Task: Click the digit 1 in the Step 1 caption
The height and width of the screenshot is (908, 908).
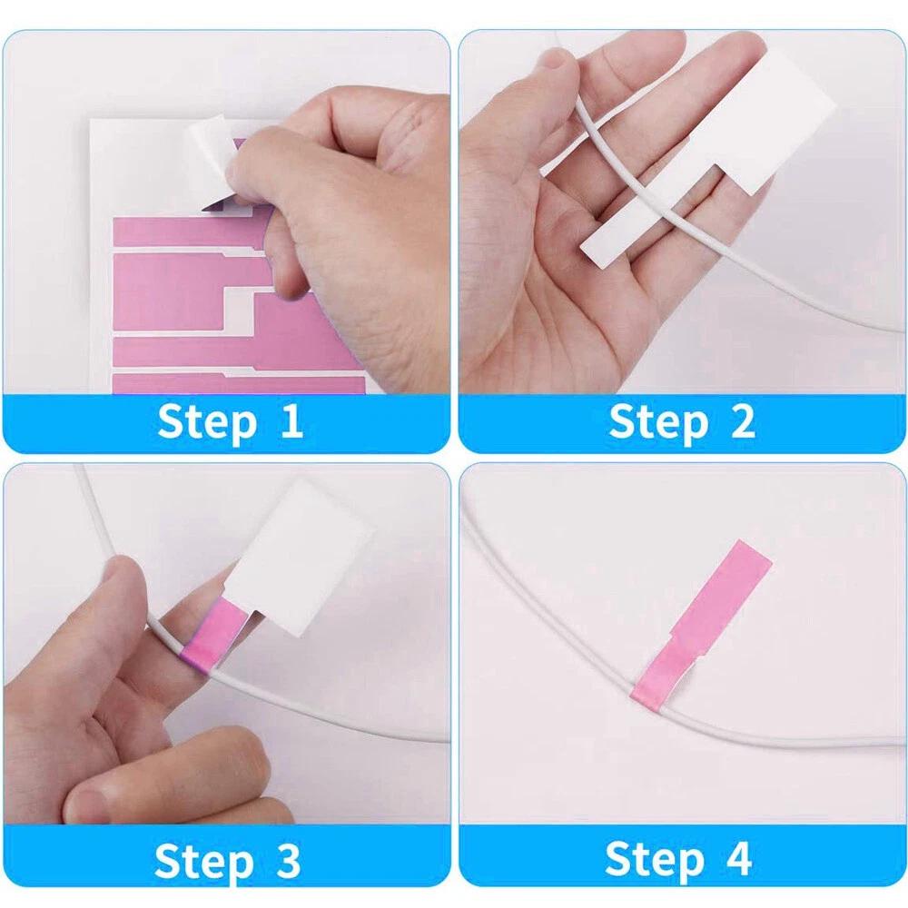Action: click(291, 421)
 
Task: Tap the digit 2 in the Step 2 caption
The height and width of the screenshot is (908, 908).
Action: click(743, 421)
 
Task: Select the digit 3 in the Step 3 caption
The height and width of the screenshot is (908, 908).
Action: click(288, 860)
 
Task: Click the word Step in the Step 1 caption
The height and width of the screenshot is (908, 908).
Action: click(207, 423)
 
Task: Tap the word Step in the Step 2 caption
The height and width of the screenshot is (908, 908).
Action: click(658, 423)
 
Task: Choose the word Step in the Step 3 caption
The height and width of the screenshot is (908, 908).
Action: click(203, 863)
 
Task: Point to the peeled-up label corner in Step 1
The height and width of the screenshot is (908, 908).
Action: click(212, 163)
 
